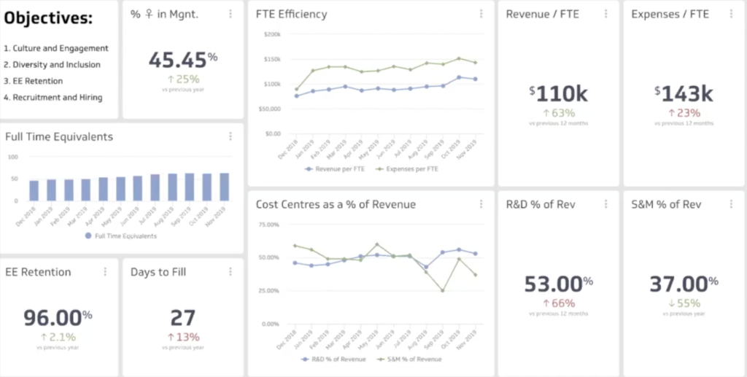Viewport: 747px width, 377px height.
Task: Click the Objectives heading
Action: click(49, 18)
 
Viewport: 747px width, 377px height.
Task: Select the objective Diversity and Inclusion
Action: click(52, 65)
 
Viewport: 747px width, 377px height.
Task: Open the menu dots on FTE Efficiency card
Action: click(481, 14)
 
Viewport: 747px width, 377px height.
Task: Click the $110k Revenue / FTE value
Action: click(559, 93)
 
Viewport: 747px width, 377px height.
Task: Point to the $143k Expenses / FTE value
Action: click(684, 93)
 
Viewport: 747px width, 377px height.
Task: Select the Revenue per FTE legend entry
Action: click(338, 168)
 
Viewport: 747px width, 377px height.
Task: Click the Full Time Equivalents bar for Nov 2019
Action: click(224, 187)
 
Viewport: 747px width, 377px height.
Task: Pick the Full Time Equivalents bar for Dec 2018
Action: click(34, 190)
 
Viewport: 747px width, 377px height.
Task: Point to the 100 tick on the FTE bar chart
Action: click(12, 157)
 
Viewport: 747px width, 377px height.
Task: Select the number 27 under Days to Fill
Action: click(182, 317)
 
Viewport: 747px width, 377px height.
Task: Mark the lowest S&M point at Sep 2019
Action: click(443, 290)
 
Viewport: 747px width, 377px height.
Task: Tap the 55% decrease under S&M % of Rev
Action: click(684, 303)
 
